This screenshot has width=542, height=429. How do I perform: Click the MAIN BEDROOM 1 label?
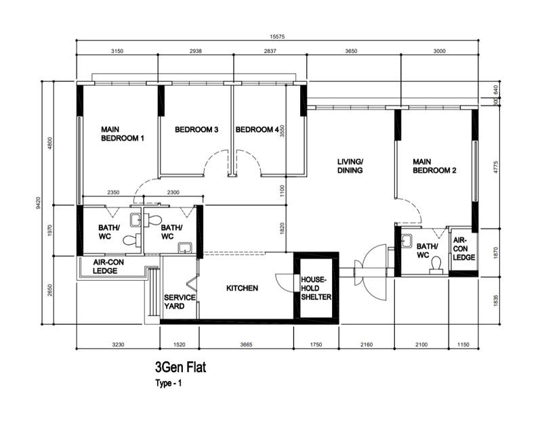click(123, 133)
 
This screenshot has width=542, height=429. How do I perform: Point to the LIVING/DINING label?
click(350, 166)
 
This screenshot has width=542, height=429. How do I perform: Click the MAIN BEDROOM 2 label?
click(434, 166)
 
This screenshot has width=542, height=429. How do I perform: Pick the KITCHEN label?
click(242, 288)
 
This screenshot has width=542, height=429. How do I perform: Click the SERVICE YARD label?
click(180, 302)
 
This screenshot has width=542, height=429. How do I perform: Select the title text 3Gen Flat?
click(180, 367)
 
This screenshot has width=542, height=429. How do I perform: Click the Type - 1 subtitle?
click(169, 383)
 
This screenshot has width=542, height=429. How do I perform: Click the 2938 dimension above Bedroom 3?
click(195, 50)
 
